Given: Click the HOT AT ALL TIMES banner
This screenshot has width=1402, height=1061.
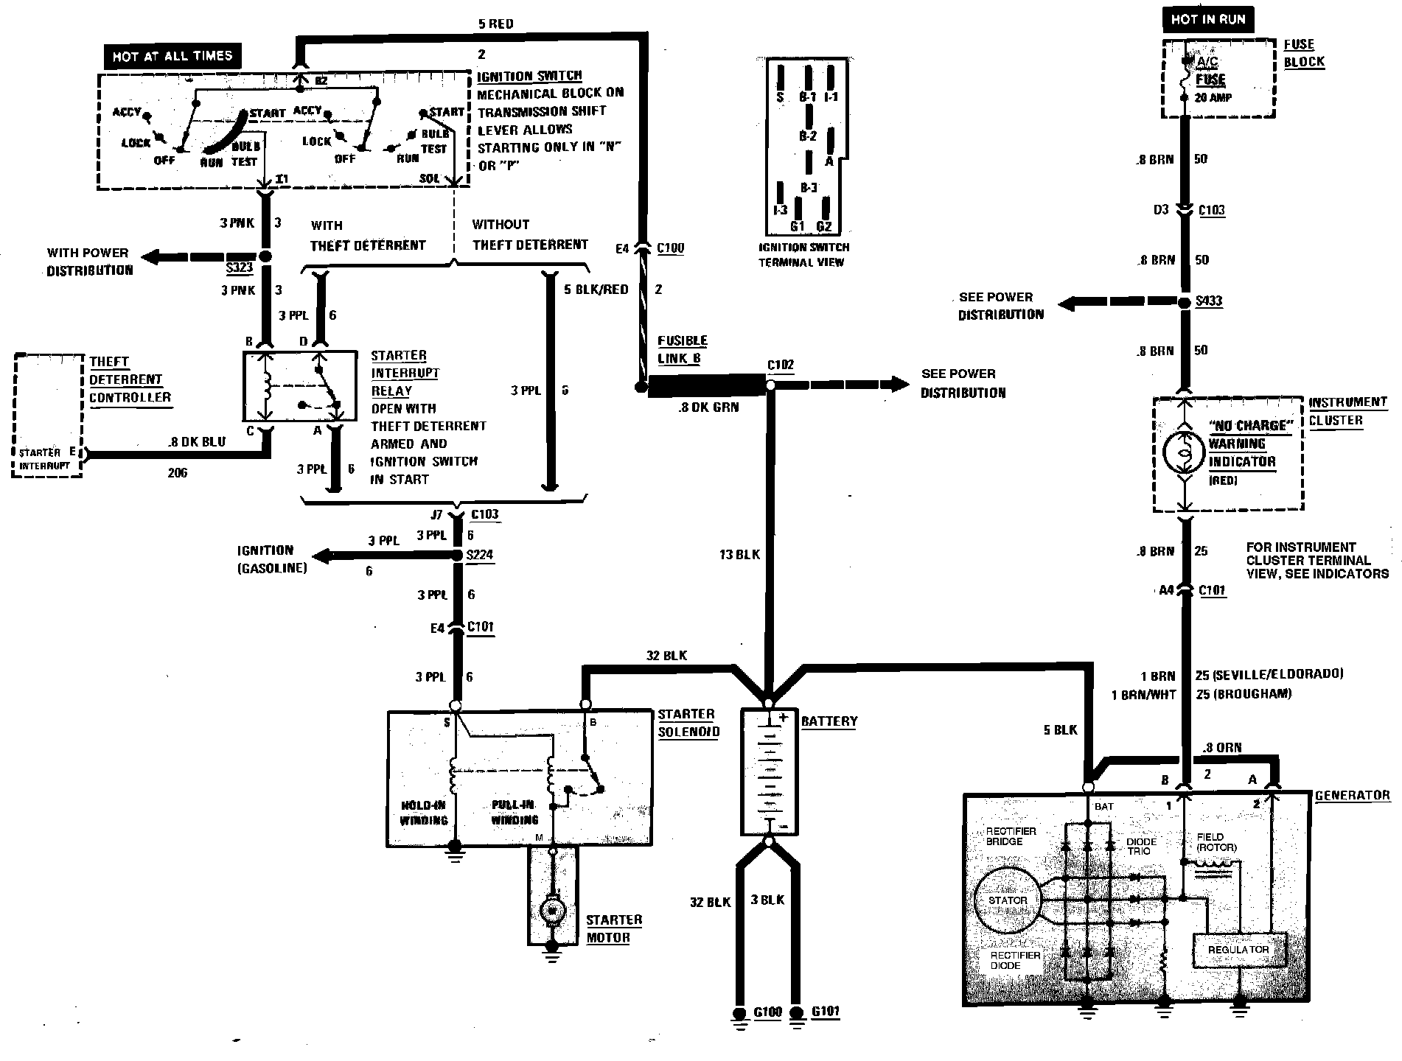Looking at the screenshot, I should [172, 57].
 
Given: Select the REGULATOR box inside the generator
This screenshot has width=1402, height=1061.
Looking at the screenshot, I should [1238, 950].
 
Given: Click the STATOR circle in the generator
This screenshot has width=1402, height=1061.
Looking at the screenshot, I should [1007, 900].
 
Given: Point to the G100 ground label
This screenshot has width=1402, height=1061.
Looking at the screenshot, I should [767, 1012].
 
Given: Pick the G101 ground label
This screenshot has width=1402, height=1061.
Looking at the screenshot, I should [825, 1011].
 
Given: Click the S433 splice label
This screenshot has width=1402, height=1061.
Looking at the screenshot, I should [1209, 301].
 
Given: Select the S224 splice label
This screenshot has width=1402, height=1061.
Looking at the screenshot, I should [480, 555].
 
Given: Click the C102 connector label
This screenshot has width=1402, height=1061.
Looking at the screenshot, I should [781, 365].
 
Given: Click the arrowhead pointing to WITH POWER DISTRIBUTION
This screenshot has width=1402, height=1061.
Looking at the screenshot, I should [150, 257].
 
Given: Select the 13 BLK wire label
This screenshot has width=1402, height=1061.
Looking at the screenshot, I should [739, 555].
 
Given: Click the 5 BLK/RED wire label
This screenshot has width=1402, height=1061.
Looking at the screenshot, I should [596, 290].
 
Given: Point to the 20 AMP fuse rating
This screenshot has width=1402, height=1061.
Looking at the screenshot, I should [1213, 97].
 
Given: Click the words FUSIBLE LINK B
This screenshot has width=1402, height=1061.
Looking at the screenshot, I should [682, 349].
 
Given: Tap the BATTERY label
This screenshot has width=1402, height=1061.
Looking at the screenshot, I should [829, 721].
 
